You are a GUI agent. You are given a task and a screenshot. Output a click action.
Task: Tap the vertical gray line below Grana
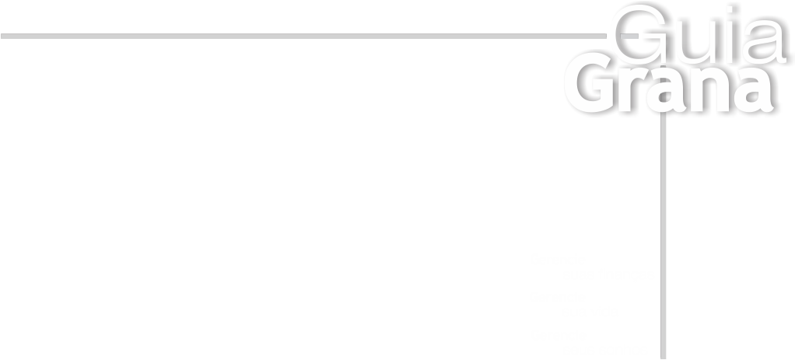[662, 233]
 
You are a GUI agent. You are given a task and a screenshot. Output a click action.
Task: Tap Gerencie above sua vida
[559, 296]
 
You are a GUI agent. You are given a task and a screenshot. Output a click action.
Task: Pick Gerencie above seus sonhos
[559, 335]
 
